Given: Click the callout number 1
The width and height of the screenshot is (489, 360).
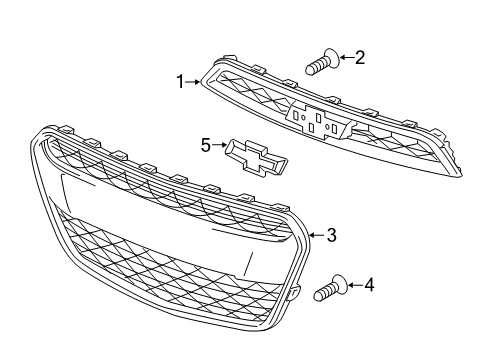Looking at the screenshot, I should tap(181, 82).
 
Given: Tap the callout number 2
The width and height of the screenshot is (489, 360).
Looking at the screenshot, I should tap(360, 58).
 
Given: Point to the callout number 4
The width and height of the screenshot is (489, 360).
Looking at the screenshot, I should tap(369, 286).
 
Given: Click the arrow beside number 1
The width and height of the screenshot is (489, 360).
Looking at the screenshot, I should tap(195, 82).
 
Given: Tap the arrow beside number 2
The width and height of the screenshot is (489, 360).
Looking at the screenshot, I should tap(343, 58).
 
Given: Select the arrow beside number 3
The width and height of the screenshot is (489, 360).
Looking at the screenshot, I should tap(315, 235).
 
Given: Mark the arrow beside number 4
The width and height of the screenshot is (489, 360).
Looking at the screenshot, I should tap(353, 286).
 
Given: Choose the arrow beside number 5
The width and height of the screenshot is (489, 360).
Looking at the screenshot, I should tap(220, 146).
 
